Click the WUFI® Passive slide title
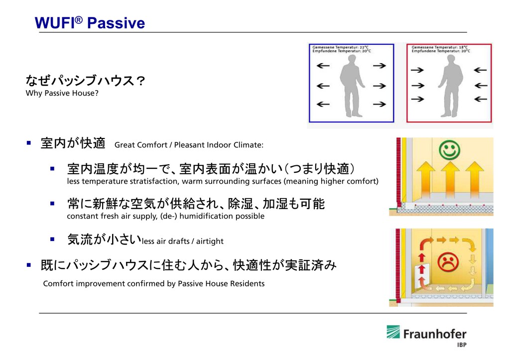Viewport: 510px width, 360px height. (90, 23)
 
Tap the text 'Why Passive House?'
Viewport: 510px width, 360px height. (62, 93)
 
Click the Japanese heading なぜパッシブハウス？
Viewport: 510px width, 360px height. (85, 81)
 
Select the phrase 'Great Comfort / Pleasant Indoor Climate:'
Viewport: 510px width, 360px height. (189, 145)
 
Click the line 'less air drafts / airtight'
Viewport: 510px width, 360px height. (183, 241)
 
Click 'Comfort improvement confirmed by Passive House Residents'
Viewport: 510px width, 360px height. (154, 284)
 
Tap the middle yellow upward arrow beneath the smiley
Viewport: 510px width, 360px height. (450, 182)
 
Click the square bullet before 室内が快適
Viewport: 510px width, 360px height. (29, 143)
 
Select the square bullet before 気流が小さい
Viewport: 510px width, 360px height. (52, 239)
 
